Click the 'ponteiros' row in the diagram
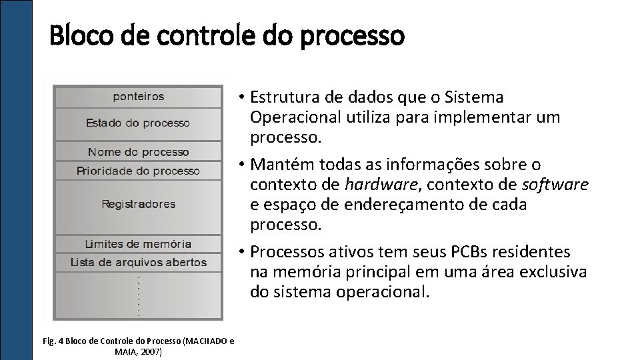138,97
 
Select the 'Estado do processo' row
138,123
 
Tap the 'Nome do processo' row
138,152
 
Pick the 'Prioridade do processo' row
138,171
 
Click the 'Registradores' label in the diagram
138,204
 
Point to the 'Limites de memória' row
138,244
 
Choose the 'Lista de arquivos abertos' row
138,262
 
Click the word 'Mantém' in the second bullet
280,164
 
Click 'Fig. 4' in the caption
55,341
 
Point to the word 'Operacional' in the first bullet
295,117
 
